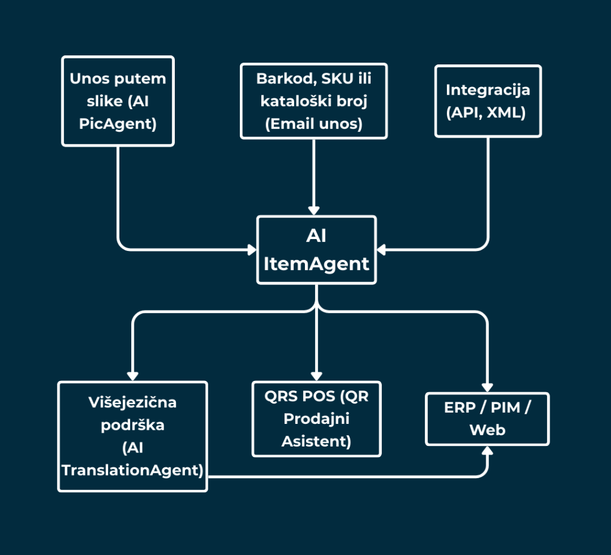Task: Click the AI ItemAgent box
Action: point(316,250)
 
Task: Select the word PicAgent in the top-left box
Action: point(118,125)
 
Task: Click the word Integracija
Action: point(488,90)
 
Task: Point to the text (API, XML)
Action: point(488,113)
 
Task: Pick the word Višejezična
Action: point(132,402)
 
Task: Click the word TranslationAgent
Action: point(132,470)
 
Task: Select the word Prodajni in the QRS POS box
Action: point(316,419)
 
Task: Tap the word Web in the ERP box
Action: point(487,430)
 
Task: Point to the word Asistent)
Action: point(316,441)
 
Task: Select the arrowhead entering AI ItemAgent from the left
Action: point(252,249)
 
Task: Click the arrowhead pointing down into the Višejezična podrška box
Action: point(132,376)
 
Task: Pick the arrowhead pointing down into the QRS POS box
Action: point(316,376)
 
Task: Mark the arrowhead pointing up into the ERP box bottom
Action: point(488,451)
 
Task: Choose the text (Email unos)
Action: point(313,125)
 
